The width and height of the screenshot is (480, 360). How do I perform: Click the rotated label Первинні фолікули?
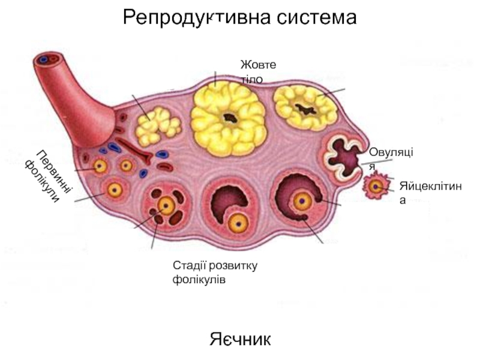coord(49,175)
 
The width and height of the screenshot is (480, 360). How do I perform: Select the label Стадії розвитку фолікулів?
coord(214,272)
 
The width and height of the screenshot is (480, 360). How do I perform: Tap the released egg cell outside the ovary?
coord(376,187)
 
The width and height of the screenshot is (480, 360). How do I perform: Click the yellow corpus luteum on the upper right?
coord(305,109)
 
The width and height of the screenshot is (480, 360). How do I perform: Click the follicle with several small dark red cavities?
coord(166,208)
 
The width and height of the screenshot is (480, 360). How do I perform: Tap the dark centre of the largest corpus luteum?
coord(229,118)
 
